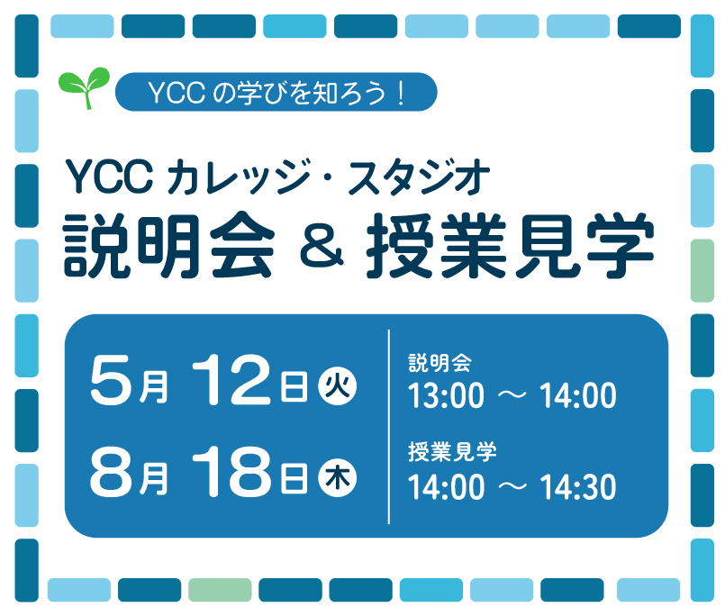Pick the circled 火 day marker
pyautogui.click(x=338, y=388)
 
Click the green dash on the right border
pyautogui.click(x=702, y=270)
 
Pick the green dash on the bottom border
pyautogui.click(x=220, y=590)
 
